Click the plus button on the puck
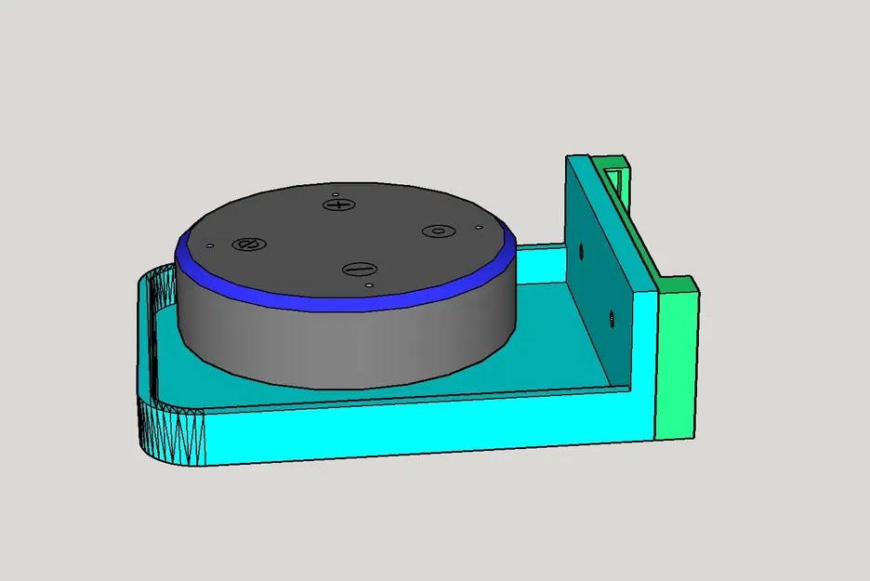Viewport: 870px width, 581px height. (340, 204)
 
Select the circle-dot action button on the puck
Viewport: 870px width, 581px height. (435, 231)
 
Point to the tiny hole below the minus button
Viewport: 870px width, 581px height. (369, 284)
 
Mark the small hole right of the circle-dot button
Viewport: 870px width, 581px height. (478, 227)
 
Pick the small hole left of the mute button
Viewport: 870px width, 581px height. (210, 245)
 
